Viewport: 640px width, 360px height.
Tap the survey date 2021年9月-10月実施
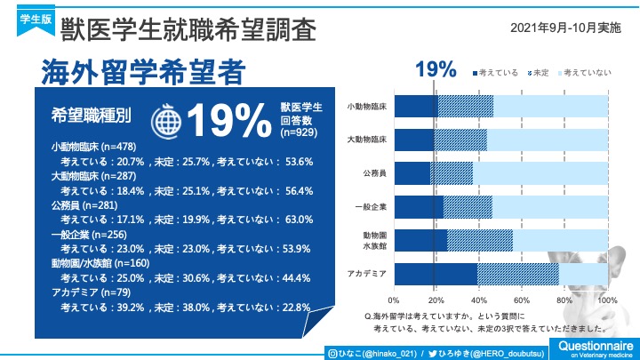click(x=566, y=28)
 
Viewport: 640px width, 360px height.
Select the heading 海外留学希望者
click(x=142, y=72)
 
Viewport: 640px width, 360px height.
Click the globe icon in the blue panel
click(x=166, y=120)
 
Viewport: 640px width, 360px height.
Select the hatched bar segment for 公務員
click(x=452, y=172)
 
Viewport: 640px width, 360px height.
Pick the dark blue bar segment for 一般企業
click(x=418, y=206)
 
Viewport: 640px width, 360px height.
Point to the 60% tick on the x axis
click(x=522, y=300)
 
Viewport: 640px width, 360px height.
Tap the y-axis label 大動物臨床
click(x=367, y=140)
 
